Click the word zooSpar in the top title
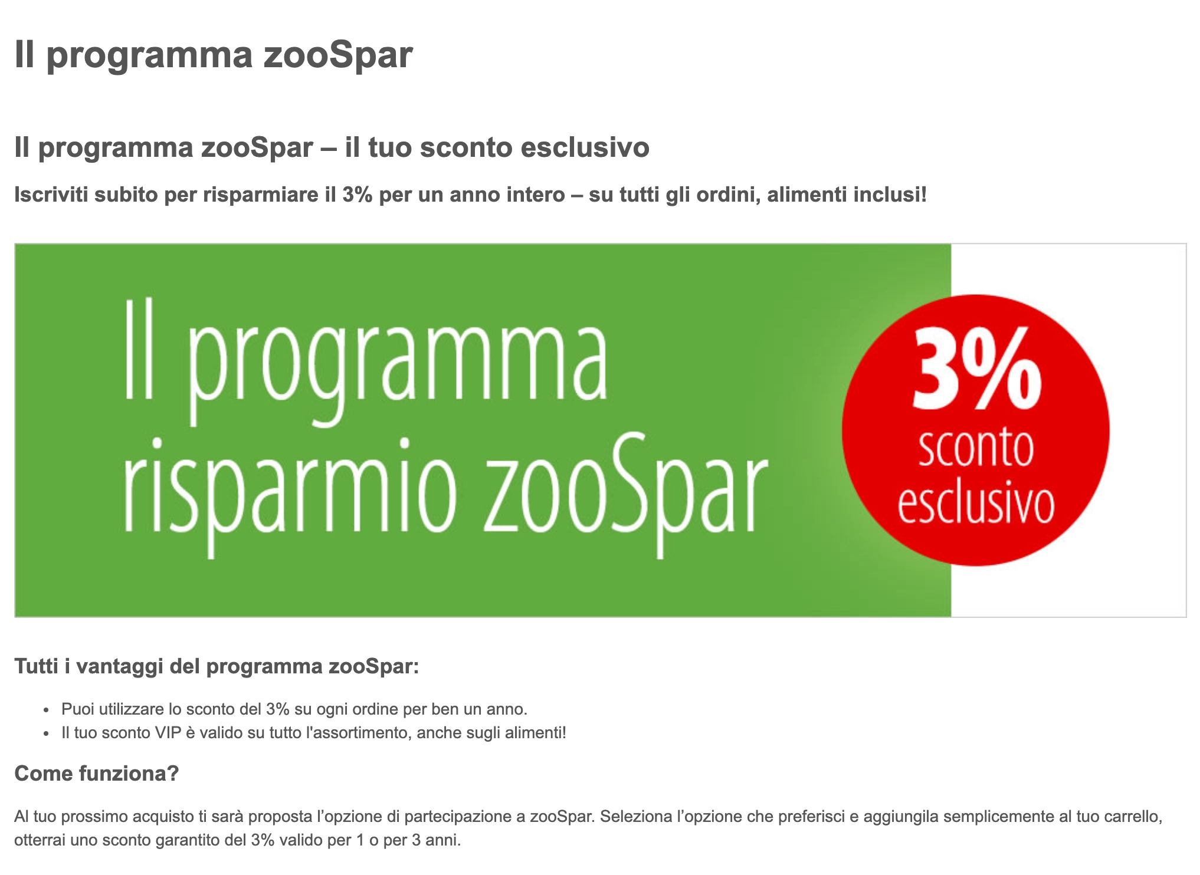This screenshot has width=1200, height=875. coord(337,55)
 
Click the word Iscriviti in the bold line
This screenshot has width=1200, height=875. coord(51,195)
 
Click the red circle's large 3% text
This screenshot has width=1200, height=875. coord(976,370)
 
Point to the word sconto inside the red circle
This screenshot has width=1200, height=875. coord(976,448)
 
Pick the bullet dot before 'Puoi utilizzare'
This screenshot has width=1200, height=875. coord(47,710)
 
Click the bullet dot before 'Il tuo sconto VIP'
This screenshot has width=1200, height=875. coord(47,733)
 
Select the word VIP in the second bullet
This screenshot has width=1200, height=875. coord(168,733)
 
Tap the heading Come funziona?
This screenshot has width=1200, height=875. coord(96,773)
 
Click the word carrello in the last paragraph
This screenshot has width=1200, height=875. coord(1131,817)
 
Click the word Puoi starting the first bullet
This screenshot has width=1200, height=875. coord(77,709)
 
